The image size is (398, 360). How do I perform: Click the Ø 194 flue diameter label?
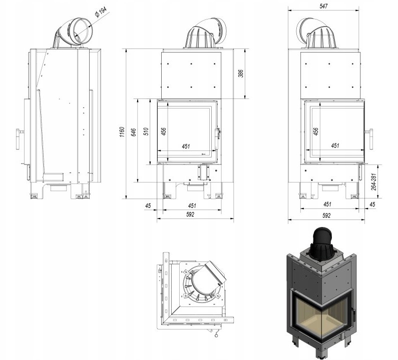pyautogui.click(x=101, y=12)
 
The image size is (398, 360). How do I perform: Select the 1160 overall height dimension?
pyautogui.click(x=122, y=132)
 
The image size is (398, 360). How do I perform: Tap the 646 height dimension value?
pyautogui.click(x=134, y=132)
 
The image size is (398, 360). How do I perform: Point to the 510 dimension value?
pyautogui.click(x=146, y=131)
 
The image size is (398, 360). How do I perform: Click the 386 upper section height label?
pyautogui.click(x=241, y=73)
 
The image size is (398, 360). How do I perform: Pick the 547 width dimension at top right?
pyautogui.click(x=323, y=6)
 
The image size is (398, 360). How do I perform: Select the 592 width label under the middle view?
pyautogui.click(x=190, y=214)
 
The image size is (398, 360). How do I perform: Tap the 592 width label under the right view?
pyautogui.click(x=326, y=215)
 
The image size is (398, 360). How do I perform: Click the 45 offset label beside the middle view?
pyautogui.click(x=148, y=205)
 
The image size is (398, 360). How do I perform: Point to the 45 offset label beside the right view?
pyautogui.click(x=372, y=204)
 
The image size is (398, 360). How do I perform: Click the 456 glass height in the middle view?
pyautogui.click(x=164, y=131)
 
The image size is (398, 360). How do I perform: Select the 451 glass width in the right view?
pyautogui.click(x=335, y=145)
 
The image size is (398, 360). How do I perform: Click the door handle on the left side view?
pyautogui.click(x=19, y=139)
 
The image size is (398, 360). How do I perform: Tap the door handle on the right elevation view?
pyautogui.click(x=369, y=138)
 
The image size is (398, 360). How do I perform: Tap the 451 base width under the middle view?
pyautogui.click(x=192, y=205)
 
